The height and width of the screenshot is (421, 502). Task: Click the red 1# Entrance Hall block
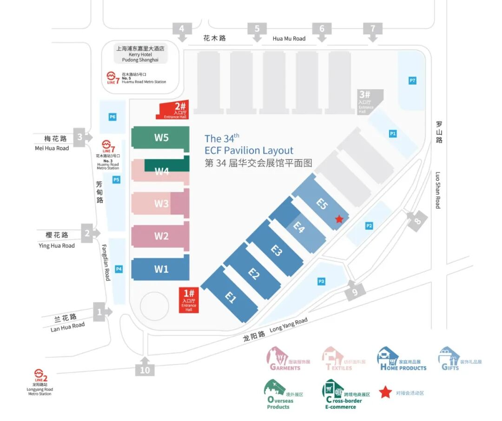pos(189,300)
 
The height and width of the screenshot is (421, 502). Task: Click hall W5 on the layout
pos(160,138)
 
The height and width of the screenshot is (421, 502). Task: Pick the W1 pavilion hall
pos(161,269)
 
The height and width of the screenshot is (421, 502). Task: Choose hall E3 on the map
pos(276,251)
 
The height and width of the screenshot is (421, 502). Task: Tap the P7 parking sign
pos(412,81)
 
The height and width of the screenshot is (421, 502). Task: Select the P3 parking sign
pos(321,281)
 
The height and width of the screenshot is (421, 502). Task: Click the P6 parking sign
pos(112,117)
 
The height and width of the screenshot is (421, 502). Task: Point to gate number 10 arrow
pos(145,367)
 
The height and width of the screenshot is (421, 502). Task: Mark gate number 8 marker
pos(416,221)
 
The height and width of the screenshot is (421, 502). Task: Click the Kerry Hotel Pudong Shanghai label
pos(140,54)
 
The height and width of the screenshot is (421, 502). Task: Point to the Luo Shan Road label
pos(438,190)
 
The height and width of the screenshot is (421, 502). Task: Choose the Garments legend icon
pos(277,357)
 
